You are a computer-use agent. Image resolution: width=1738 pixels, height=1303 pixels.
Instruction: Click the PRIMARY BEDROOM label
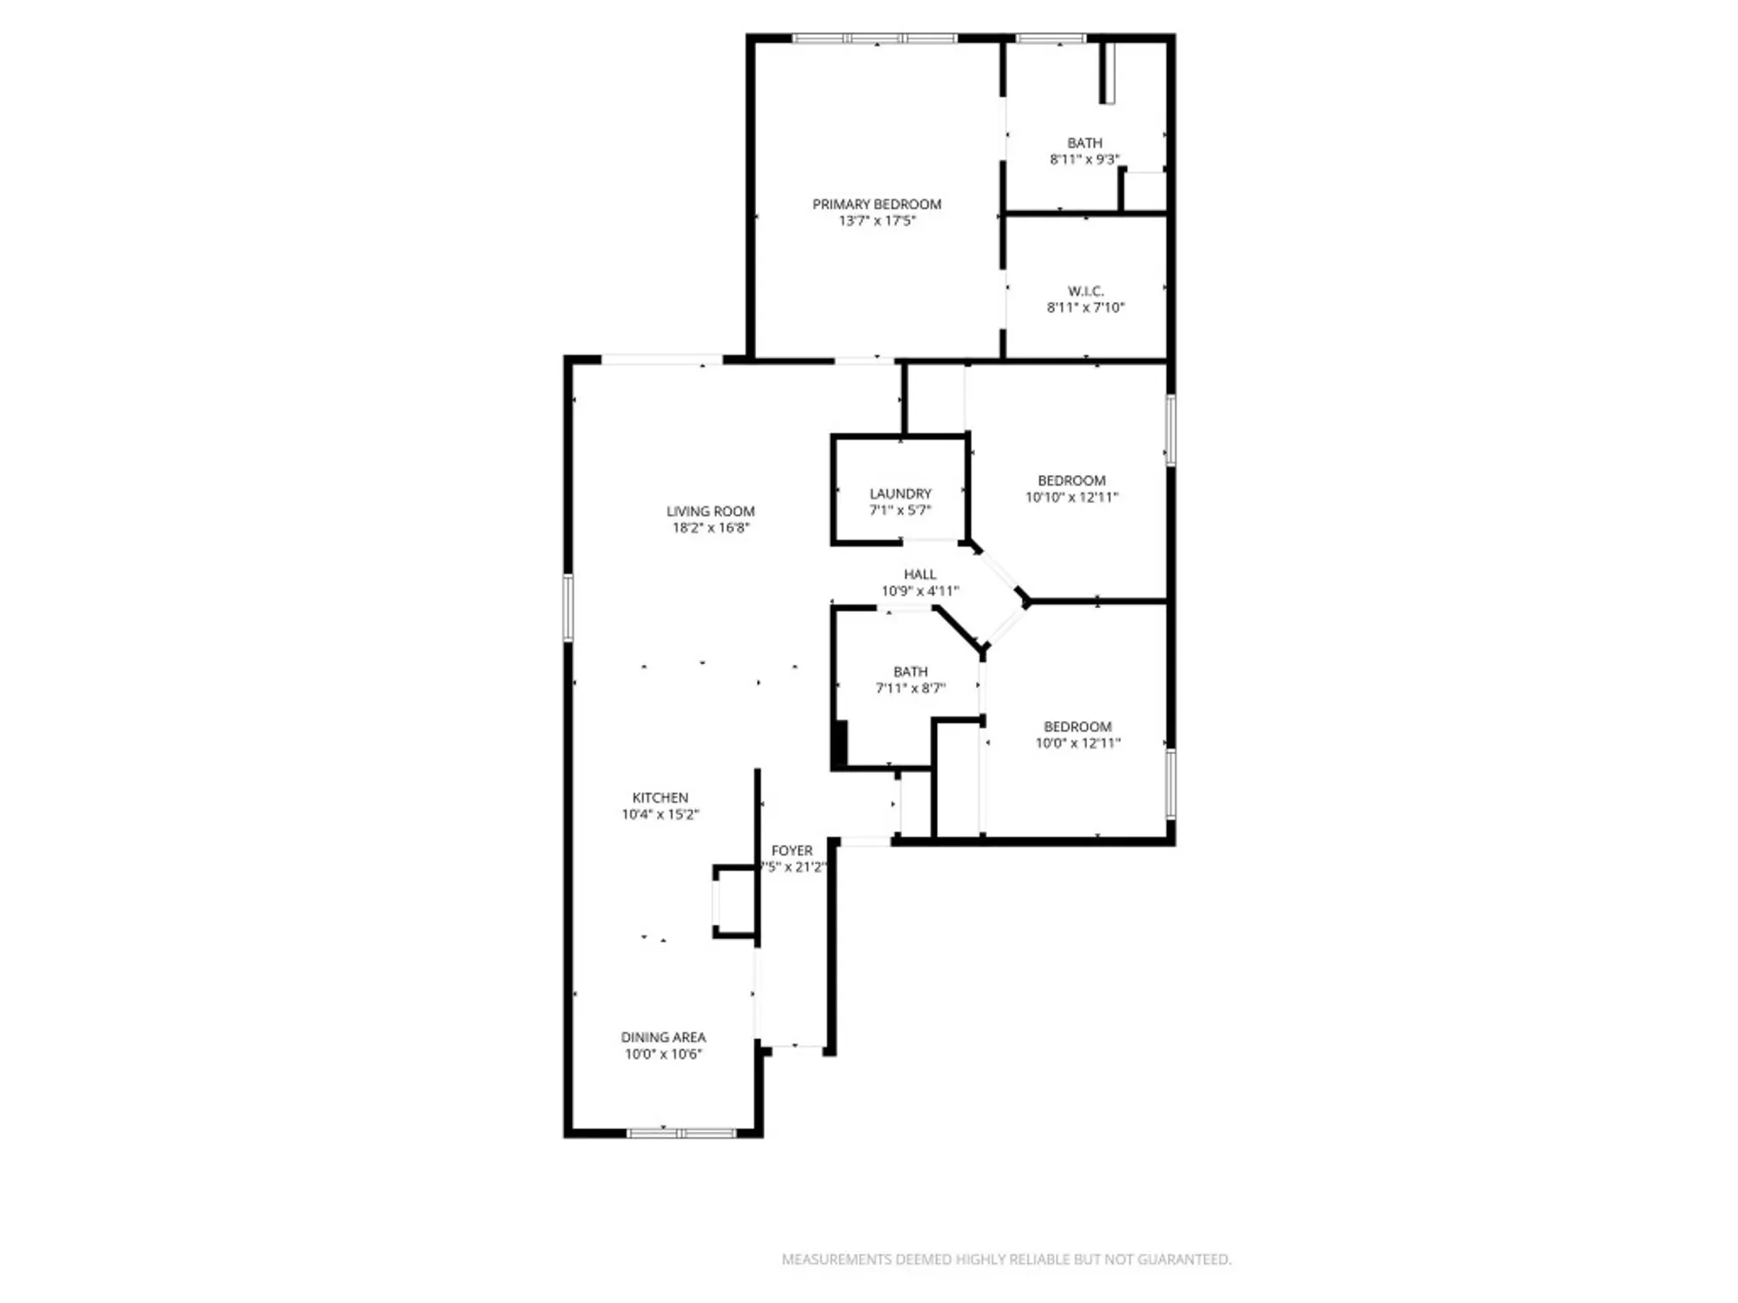[877, 204]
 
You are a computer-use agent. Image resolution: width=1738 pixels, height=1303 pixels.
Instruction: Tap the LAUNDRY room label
[900, 493]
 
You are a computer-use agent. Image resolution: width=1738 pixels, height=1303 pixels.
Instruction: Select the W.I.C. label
[1085, 291]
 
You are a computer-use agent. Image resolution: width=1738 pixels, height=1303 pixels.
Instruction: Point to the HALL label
[919, 574]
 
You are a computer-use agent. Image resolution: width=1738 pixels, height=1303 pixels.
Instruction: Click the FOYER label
[792, 850]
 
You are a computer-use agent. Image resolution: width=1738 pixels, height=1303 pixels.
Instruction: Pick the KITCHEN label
[660, 797]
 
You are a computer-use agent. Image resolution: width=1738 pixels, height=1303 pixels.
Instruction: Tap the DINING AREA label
[663, 1037]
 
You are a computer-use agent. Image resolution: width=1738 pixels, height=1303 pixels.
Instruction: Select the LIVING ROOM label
[711, 512]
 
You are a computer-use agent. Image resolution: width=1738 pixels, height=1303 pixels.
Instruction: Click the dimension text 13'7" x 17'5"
[877, 221]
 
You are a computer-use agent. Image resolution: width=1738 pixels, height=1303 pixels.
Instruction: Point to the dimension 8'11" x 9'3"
[1085, 159]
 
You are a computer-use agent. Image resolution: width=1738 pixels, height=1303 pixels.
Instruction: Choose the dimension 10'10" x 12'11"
[1071, 497]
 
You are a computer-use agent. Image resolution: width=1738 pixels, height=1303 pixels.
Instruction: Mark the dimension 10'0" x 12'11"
[1078, 743]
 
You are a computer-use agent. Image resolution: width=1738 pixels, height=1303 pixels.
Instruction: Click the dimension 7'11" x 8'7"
[910, 688]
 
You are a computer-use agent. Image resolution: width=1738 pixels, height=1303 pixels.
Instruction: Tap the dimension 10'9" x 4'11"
[920, 591]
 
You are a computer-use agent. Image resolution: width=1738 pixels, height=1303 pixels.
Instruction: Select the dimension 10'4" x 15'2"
[660, 814]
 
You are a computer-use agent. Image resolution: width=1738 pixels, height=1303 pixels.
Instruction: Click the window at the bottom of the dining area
[682, 1133]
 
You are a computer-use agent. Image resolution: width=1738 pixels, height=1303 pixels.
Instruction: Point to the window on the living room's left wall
[568, 607]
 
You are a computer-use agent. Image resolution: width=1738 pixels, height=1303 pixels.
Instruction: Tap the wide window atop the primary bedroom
[874, 38]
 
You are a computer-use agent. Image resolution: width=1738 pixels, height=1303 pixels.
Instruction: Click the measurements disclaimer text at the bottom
[1006, 1259]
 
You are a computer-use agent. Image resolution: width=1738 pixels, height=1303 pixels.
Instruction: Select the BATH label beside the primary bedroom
[1085, 142]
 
